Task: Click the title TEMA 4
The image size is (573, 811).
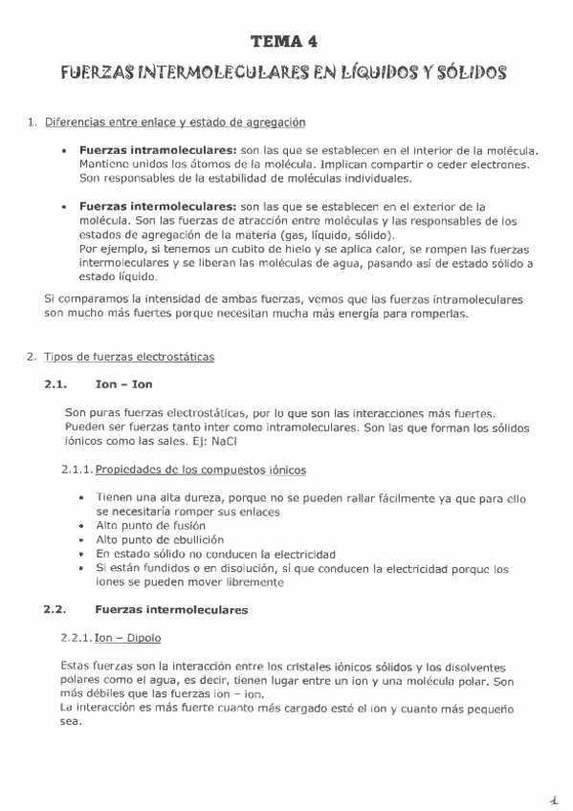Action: tap(286, 41)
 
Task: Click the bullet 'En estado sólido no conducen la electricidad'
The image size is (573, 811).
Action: tap(215, 554)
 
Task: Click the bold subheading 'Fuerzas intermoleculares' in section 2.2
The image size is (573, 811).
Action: tap(171, 609)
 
